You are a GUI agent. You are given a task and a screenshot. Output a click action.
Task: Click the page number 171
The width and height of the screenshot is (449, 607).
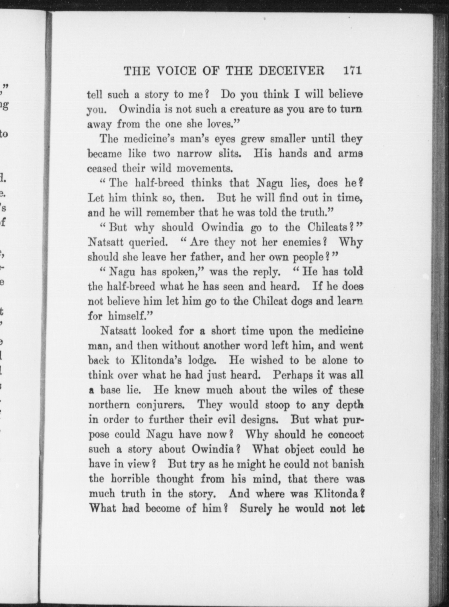352,71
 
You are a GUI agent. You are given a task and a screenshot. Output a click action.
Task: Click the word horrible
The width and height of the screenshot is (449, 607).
131,479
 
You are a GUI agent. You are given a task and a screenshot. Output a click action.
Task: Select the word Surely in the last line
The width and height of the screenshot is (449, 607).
256,508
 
